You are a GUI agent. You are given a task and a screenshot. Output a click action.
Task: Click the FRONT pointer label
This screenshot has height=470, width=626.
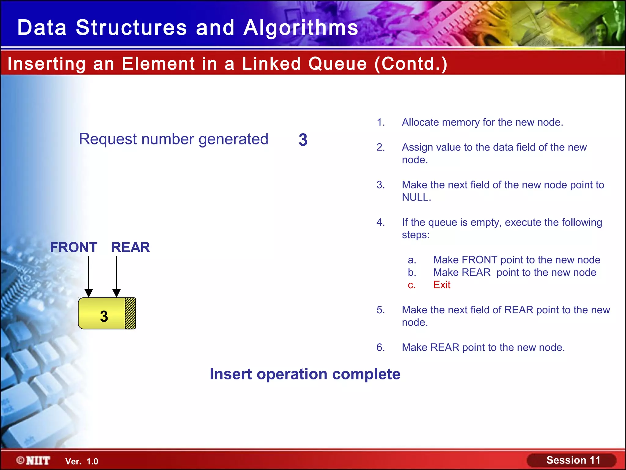coord(74,247)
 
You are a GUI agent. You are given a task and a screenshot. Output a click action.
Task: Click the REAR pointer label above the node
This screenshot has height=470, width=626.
coord(131,247)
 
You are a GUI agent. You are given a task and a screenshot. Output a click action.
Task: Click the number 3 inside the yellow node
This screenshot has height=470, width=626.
coord(104,316)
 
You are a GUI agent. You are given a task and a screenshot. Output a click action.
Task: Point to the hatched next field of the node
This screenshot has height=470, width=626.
coord(131,313)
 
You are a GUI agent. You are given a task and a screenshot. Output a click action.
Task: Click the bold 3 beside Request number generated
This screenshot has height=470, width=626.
coord(303,140)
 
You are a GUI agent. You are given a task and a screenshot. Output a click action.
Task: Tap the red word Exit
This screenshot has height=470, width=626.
coord(442,285)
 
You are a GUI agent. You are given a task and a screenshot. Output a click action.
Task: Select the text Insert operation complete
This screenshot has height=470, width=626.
coord(305,374)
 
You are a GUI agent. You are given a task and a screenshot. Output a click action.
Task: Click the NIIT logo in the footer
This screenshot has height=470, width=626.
coord(34,461)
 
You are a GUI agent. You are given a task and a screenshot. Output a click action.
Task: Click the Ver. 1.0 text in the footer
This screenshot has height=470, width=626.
coord(82,461)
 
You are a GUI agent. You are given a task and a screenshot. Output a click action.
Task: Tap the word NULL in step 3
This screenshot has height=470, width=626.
coord(416,197)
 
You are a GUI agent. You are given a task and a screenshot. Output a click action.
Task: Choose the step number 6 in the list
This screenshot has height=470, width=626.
coord(381,347)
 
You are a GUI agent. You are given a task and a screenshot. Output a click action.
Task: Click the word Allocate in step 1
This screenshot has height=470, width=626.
coord(420,122)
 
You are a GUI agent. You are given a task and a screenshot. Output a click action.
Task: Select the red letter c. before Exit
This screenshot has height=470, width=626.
coord(412,285)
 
